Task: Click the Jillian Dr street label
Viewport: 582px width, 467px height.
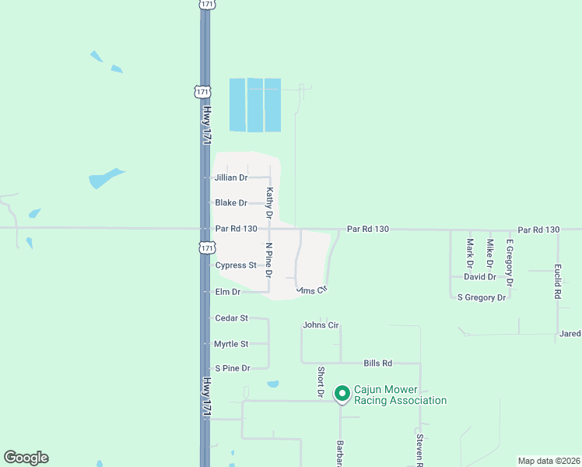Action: pyautogui.click(x=230, y=178)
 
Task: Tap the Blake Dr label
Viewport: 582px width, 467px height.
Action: pyautogui.click(x=231, y=203)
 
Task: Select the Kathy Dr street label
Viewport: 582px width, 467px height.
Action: pyautogui.click(x=269, y=202)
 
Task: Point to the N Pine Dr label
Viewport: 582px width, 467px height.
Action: pyautogui.click(x=268, y=260)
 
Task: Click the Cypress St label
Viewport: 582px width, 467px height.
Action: pyautogui.click(x=236, y=265)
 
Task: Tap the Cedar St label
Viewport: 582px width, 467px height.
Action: pyautogui.click(x=231, y=318)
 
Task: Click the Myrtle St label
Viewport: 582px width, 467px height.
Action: pyautogui.click(x=231, y=344)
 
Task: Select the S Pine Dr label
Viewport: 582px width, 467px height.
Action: pyautogui.click(x=232, y=368)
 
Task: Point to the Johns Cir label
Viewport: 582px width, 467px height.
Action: pyautogui.click(x=321, y=325)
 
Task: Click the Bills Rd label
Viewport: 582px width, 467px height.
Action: pyautogui.click(x=377, y=363)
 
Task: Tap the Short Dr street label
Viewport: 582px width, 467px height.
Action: pyautogui.click(x=320, y=383)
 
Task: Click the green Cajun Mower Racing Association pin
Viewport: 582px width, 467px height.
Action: pyautogui.click(x=342, y=394)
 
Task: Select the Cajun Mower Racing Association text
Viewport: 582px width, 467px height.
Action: pyautogui.click(x=400, y=395)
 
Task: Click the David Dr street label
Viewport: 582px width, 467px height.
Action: pyautogui.click(x=480, y=277)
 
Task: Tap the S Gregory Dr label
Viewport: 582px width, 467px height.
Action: pyautogui.click(x=482, y=297)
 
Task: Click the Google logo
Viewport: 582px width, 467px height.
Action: pyautogui.click(x=26, y=458)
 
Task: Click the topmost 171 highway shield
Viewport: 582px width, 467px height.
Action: pyautogui.click(x=205, y=5)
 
